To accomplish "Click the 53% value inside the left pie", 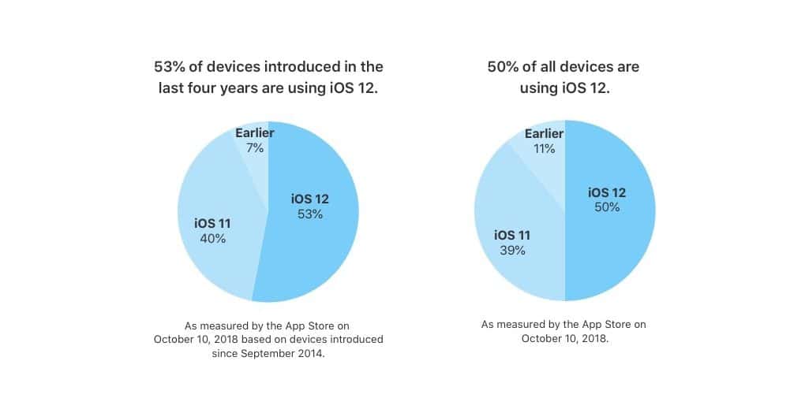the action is pyautogui.click(x=310, y=214).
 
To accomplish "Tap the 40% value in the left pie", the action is pyautogui.click(x=212, y=238).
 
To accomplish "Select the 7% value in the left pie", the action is pyautogui.click(x=255, y=148).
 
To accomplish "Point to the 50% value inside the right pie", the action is pyautogui.click(x=607, y=207).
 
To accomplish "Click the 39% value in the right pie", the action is pyautogui.click(x=512, y=250).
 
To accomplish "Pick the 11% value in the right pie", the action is pyautogui.click(x=545, y=149).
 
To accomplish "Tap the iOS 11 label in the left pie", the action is pyautogui.click(x=212, y=224).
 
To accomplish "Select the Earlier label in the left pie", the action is pyautogui.click(x=255, y=133).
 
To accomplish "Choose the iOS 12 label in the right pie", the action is pyautogui.click(x=607, y=193).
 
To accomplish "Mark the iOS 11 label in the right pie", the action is pyautogui.click(x=512, y=236).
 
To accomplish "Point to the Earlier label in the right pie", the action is pyautogui.click(x=545, y=134).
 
